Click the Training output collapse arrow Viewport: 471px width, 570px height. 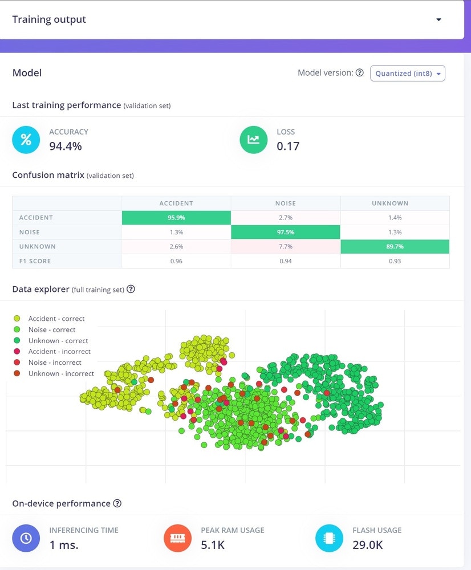[438, 20]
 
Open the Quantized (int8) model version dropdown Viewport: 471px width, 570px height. [407, 74]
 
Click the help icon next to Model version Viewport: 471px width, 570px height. [359, 73]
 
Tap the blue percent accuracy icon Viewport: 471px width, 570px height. [26, 140]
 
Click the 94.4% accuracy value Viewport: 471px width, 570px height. [66, 146]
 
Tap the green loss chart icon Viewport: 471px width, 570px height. [254, 140]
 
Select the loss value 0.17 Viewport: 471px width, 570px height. [288, 146]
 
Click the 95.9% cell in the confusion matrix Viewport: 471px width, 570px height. [176, 218]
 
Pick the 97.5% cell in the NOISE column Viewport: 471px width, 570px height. [285, 232]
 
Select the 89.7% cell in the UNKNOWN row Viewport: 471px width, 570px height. [395, 246]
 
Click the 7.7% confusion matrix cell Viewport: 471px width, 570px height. [285, 246]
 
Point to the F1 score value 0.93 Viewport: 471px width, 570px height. [395, 261]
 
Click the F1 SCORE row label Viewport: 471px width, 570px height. [35, 261]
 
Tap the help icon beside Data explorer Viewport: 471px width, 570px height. [131, 289]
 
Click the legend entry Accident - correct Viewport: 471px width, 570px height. [56, 319]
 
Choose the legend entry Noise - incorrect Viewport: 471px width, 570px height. [55, 363]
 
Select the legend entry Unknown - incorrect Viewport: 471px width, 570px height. [61, 373]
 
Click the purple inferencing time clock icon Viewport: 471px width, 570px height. [26, 538]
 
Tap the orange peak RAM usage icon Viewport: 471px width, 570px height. [178, 538]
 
